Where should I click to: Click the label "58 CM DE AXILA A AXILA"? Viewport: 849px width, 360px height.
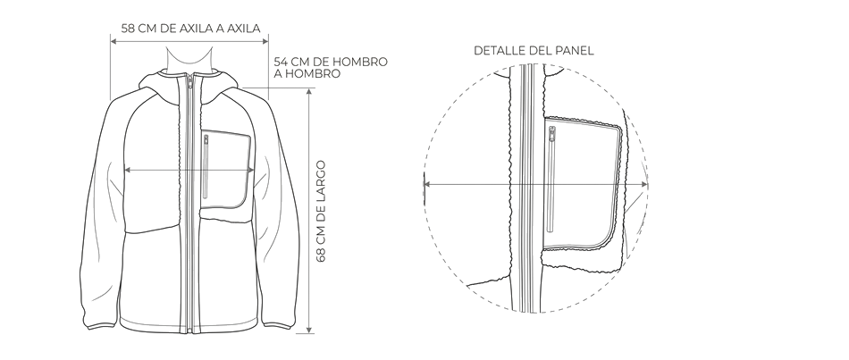tap(190, 29)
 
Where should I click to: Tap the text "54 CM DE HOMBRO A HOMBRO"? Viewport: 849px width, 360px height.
tap(331, 68)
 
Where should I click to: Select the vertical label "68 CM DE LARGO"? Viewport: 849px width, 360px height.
tap(321, 211)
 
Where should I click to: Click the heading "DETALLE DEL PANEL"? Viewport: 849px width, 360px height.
tap(534, 50)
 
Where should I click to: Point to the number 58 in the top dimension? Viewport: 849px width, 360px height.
tap(128, 29)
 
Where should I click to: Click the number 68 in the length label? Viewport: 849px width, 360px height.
tap(321, 255)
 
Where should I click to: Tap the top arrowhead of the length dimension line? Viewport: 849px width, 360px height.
tap(309, 93)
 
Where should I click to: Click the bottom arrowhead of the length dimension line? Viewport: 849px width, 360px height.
tap(309, 330)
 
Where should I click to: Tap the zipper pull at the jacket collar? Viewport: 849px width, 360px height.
tap(190, 82)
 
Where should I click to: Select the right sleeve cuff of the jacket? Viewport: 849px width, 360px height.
tap(280, 324)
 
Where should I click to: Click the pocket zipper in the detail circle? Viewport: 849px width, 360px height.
tap(551, 179)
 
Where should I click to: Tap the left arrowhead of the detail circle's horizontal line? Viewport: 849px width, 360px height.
tap(426, 184)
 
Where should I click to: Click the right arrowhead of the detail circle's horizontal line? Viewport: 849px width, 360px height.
tap(644, 184)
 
